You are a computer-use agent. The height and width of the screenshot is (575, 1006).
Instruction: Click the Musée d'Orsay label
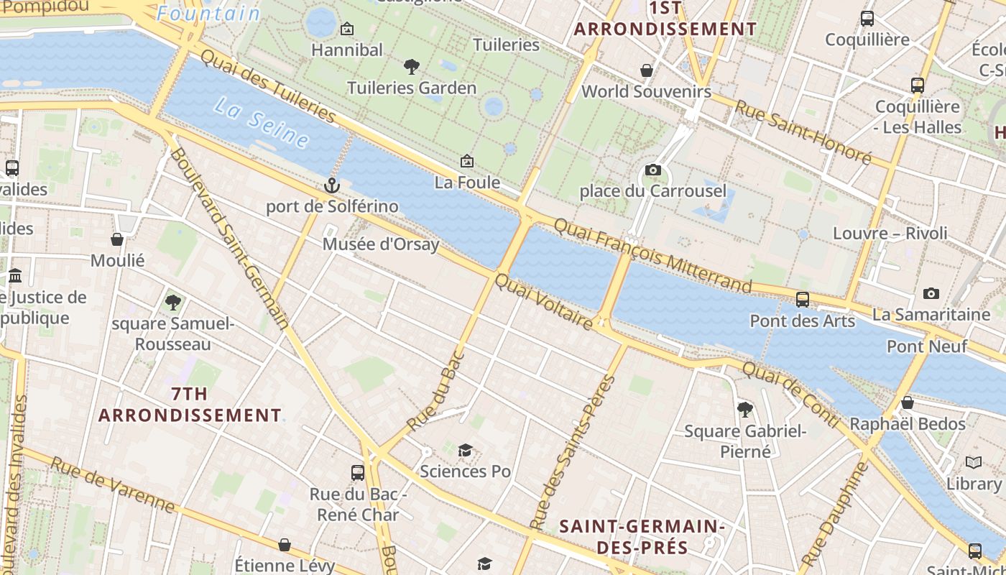click(380, 244)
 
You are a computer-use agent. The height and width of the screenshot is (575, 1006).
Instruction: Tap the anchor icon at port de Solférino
click(331, 185)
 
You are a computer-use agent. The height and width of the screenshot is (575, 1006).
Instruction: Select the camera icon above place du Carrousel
click(652, 170)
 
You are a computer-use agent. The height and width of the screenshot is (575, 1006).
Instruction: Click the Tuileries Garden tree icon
click(412, 67)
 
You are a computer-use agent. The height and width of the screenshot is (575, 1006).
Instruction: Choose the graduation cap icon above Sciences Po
click(465, 450)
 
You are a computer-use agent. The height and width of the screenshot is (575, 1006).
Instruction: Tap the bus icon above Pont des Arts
click(803, 299)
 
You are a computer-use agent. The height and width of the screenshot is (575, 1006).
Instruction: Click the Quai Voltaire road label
click(545, 302)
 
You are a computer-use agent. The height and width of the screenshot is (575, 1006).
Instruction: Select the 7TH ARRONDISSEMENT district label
click(190, 405)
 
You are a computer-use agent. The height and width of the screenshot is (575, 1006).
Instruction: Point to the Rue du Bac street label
click(435, 392)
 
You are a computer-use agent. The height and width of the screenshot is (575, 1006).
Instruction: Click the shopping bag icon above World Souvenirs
click(647, 70)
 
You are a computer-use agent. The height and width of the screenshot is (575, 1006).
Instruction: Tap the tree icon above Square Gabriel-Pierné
click(745, 410)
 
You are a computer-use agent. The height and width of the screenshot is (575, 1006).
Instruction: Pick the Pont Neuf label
click(927, 346)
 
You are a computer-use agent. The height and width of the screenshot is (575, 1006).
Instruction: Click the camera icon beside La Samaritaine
click(931, 293)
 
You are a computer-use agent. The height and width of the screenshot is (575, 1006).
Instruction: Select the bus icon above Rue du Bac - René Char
click(358, 472)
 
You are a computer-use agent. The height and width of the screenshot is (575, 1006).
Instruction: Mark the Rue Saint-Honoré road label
click(803, 130)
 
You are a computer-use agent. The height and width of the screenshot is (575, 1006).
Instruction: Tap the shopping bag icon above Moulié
click(117, 239)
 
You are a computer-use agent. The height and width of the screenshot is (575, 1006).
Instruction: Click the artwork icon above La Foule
click(467, 161)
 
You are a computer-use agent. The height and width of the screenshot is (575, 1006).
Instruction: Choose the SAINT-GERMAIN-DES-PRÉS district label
click(641, 537)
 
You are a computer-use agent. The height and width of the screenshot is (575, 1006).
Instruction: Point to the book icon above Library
click(974, 462)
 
